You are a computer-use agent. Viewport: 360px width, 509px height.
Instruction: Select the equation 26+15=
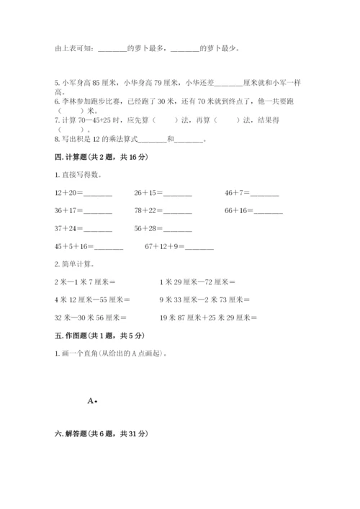(163, 193)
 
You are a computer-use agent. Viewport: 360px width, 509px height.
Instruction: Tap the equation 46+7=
(251, 193)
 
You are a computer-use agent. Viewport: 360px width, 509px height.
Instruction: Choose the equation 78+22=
(163, 210)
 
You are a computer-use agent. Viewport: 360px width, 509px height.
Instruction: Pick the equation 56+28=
(163, 228)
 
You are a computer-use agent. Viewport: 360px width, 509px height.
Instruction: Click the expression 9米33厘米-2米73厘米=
(204, 299)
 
